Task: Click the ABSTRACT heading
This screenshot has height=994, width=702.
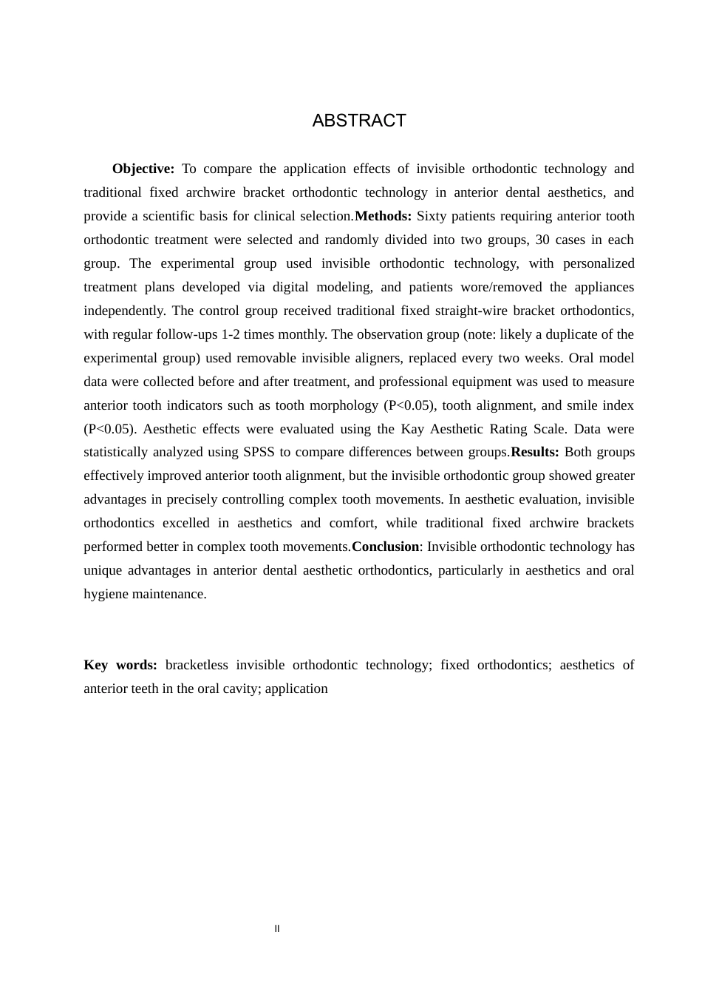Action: pos(359,121)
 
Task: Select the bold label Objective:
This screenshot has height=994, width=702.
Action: pos(143,169)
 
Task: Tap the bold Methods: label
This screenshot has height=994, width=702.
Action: pos(383,217)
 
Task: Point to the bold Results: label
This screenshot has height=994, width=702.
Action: pos(534,453)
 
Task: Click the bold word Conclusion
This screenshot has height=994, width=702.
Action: pos(385,547)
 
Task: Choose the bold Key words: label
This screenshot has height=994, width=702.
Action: pos(120,666)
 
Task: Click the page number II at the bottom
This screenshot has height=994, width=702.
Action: pos(277,929)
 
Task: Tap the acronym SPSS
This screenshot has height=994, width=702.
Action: pos(259,453)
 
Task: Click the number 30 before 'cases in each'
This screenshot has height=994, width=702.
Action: pos(542,240)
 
